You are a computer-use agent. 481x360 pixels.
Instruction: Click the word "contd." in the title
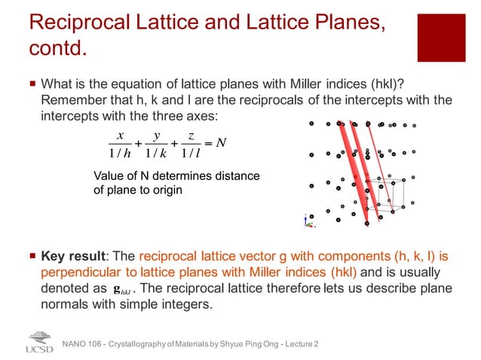(57, 50)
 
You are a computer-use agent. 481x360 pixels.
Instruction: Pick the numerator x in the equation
(119, 135)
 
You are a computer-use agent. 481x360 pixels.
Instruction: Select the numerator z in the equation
(192, 135)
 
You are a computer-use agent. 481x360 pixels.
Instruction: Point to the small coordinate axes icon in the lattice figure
(306, 220)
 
